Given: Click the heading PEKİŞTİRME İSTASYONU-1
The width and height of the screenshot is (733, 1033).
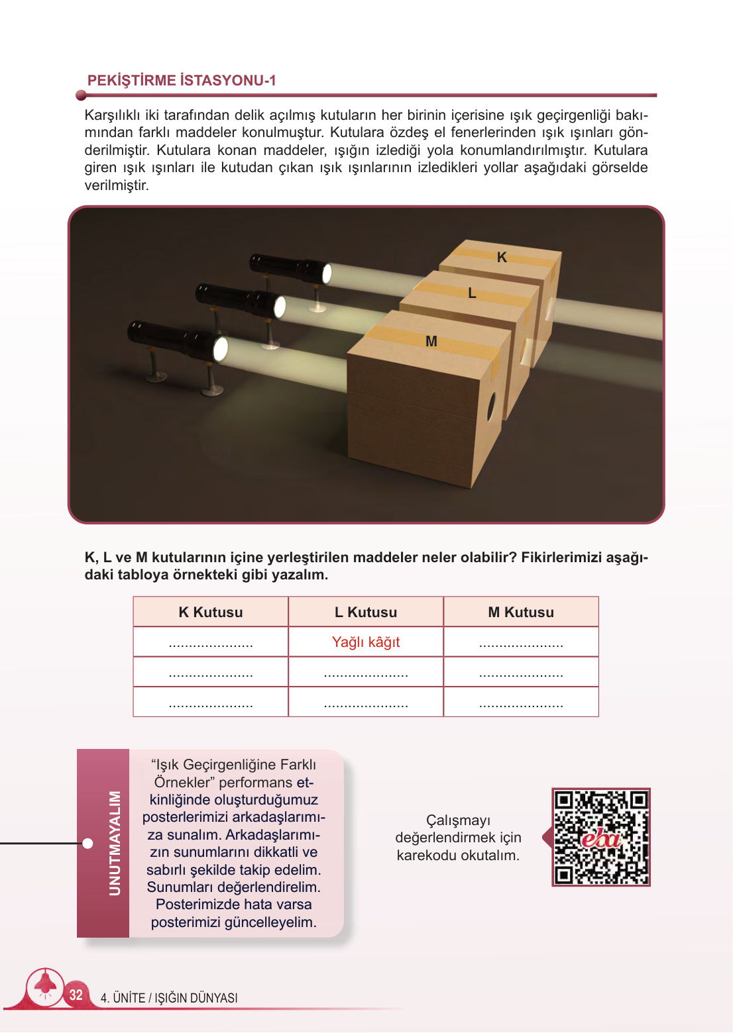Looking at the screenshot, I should pos(182,81).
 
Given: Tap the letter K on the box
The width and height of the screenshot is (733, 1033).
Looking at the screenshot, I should pos(502,258).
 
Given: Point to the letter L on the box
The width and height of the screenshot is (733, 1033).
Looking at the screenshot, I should pos(472,293).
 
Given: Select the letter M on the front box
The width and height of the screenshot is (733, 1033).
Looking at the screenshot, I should pos(431,342).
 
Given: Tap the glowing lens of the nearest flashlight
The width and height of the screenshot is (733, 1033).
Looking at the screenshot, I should pos(220,349).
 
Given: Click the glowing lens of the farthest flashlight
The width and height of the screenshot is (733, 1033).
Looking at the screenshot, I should pos(326,273).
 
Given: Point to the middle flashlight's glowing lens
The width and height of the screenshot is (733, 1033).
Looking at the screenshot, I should pos(280,307).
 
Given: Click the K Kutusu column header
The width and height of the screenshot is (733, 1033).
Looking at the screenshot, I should pos(211,613).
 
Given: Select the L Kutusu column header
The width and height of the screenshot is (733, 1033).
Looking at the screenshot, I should pos(366,613).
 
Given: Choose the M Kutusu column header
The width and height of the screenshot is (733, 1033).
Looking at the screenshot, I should pos(521,613).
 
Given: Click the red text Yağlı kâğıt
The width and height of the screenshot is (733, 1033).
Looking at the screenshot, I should pos(366,642).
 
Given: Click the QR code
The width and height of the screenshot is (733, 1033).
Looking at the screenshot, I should pos(601,837).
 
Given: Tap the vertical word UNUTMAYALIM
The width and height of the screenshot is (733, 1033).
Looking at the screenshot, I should pos(115,843).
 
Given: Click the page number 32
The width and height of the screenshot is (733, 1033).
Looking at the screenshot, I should pos(76,995).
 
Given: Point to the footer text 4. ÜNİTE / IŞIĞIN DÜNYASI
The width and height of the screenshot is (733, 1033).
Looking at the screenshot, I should pos(169,998).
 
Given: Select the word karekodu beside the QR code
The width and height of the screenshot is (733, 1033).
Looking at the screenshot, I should pos(426,856).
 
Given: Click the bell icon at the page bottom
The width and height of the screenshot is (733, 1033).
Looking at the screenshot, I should pos(45,984).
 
